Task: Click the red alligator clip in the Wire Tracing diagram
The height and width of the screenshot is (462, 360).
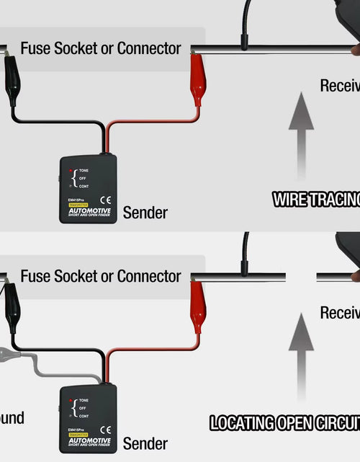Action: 197,79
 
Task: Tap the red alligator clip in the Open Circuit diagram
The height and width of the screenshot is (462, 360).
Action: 197,308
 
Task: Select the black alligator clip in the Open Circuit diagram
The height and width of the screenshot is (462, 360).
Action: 12,307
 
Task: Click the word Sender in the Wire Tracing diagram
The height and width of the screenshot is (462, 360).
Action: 145,213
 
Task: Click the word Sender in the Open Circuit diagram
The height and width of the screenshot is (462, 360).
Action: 145,443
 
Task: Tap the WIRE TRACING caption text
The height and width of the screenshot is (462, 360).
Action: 315,200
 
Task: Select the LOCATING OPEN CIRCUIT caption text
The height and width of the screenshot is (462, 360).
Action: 284,423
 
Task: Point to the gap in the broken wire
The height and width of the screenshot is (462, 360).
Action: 301,277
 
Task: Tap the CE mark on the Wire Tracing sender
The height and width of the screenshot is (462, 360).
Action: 104,200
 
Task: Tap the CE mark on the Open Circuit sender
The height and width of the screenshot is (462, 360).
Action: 104,430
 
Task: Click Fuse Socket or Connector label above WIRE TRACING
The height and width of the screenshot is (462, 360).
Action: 100,49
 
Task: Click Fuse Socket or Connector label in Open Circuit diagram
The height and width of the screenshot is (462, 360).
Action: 100,276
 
